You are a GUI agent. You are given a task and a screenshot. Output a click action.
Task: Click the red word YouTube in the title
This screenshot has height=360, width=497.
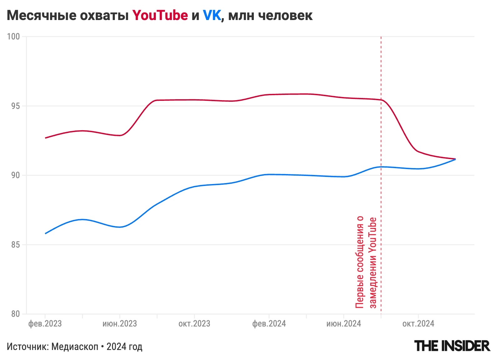click(160, 15)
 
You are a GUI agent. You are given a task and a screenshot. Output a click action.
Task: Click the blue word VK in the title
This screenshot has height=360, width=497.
click(212, 15)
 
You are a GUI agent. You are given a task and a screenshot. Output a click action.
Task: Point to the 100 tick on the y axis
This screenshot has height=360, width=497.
click(13, 36)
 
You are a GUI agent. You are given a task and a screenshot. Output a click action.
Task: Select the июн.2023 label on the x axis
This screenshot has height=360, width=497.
click(120, 324)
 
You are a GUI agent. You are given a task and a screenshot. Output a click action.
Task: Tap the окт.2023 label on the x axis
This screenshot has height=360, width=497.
click(194, 324)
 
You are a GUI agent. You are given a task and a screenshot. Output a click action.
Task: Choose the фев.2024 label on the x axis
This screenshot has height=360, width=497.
click(269, 324)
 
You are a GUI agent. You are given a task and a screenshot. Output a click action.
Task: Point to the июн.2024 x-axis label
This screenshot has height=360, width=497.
click(344, 324)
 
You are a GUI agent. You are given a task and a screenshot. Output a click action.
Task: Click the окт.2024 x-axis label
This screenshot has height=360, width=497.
click(418, 324)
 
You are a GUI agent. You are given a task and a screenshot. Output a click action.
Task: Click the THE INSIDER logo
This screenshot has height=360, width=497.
click(452, 346)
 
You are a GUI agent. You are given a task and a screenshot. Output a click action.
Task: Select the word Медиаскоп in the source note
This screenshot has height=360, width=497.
click(74, 347)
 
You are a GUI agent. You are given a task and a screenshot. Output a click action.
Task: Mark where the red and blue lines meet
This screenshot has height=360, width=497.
click(455, 159)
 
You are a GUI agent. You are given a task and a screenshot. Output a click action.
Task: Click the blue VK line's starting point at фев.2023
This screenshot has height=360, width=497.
click(46, 234)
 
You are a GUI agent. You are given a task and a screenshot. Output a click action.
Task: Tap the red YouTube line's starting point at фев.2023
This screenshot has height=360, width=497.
click(46, 138)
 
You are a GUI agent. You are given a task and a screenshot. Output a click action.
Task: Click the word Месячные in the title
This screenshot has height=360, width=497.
click(41, 15)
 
